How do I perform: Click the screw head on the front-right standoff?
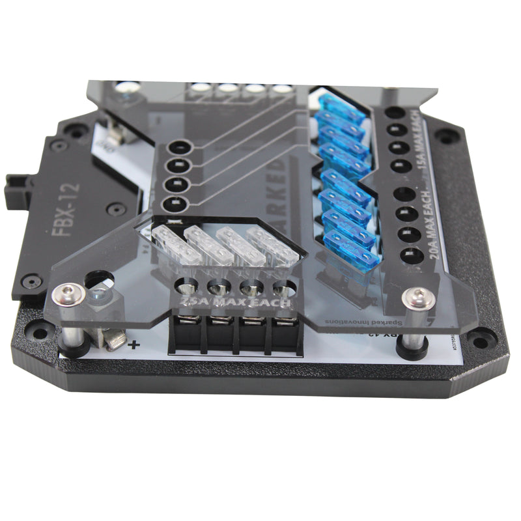[417, 299]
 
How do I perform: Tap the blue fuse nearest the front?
[352, 249]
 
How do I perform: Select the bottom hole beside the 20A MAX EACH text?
[408, 256]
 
